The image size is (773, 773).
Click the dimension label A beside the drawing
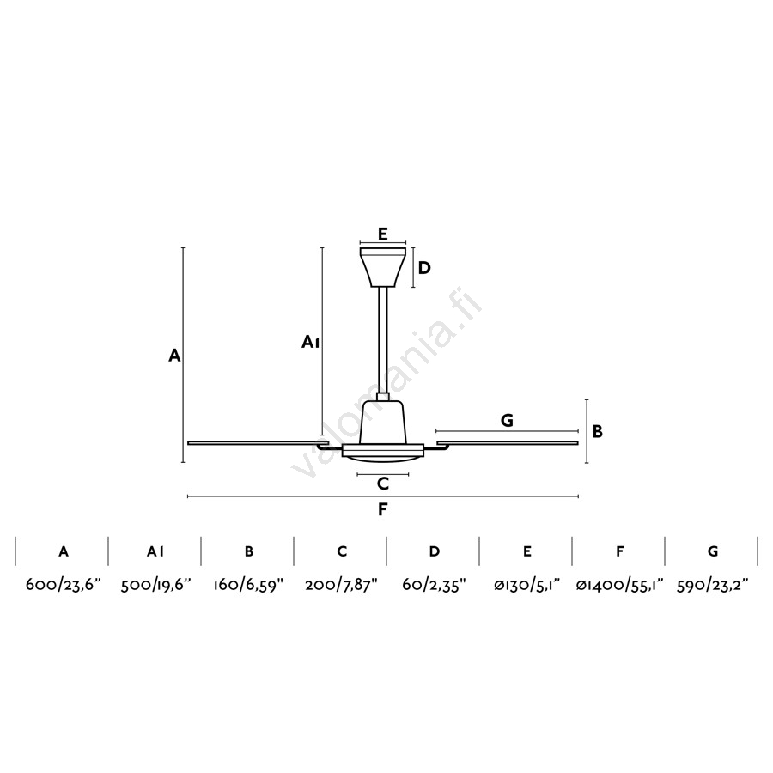click(174, 355)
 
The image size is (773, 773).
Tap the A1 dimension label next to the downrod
click(311, 342)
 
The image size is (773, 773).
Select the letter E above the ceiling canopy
click(383, 234)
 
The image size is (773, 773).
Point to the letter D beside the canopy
click(424, 268)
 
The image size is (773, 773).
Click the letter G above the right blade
click(507, 420)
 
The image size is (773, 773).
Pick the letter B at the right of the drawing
click(598, 431)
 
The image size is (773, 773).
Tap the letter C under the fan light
click(383, 484)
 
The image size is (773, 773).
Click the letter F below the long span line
click(383, 509)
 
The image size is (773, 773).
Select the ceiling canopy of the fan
click(383, 267)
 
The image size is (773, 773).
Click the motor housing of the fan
click(383, 423)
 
